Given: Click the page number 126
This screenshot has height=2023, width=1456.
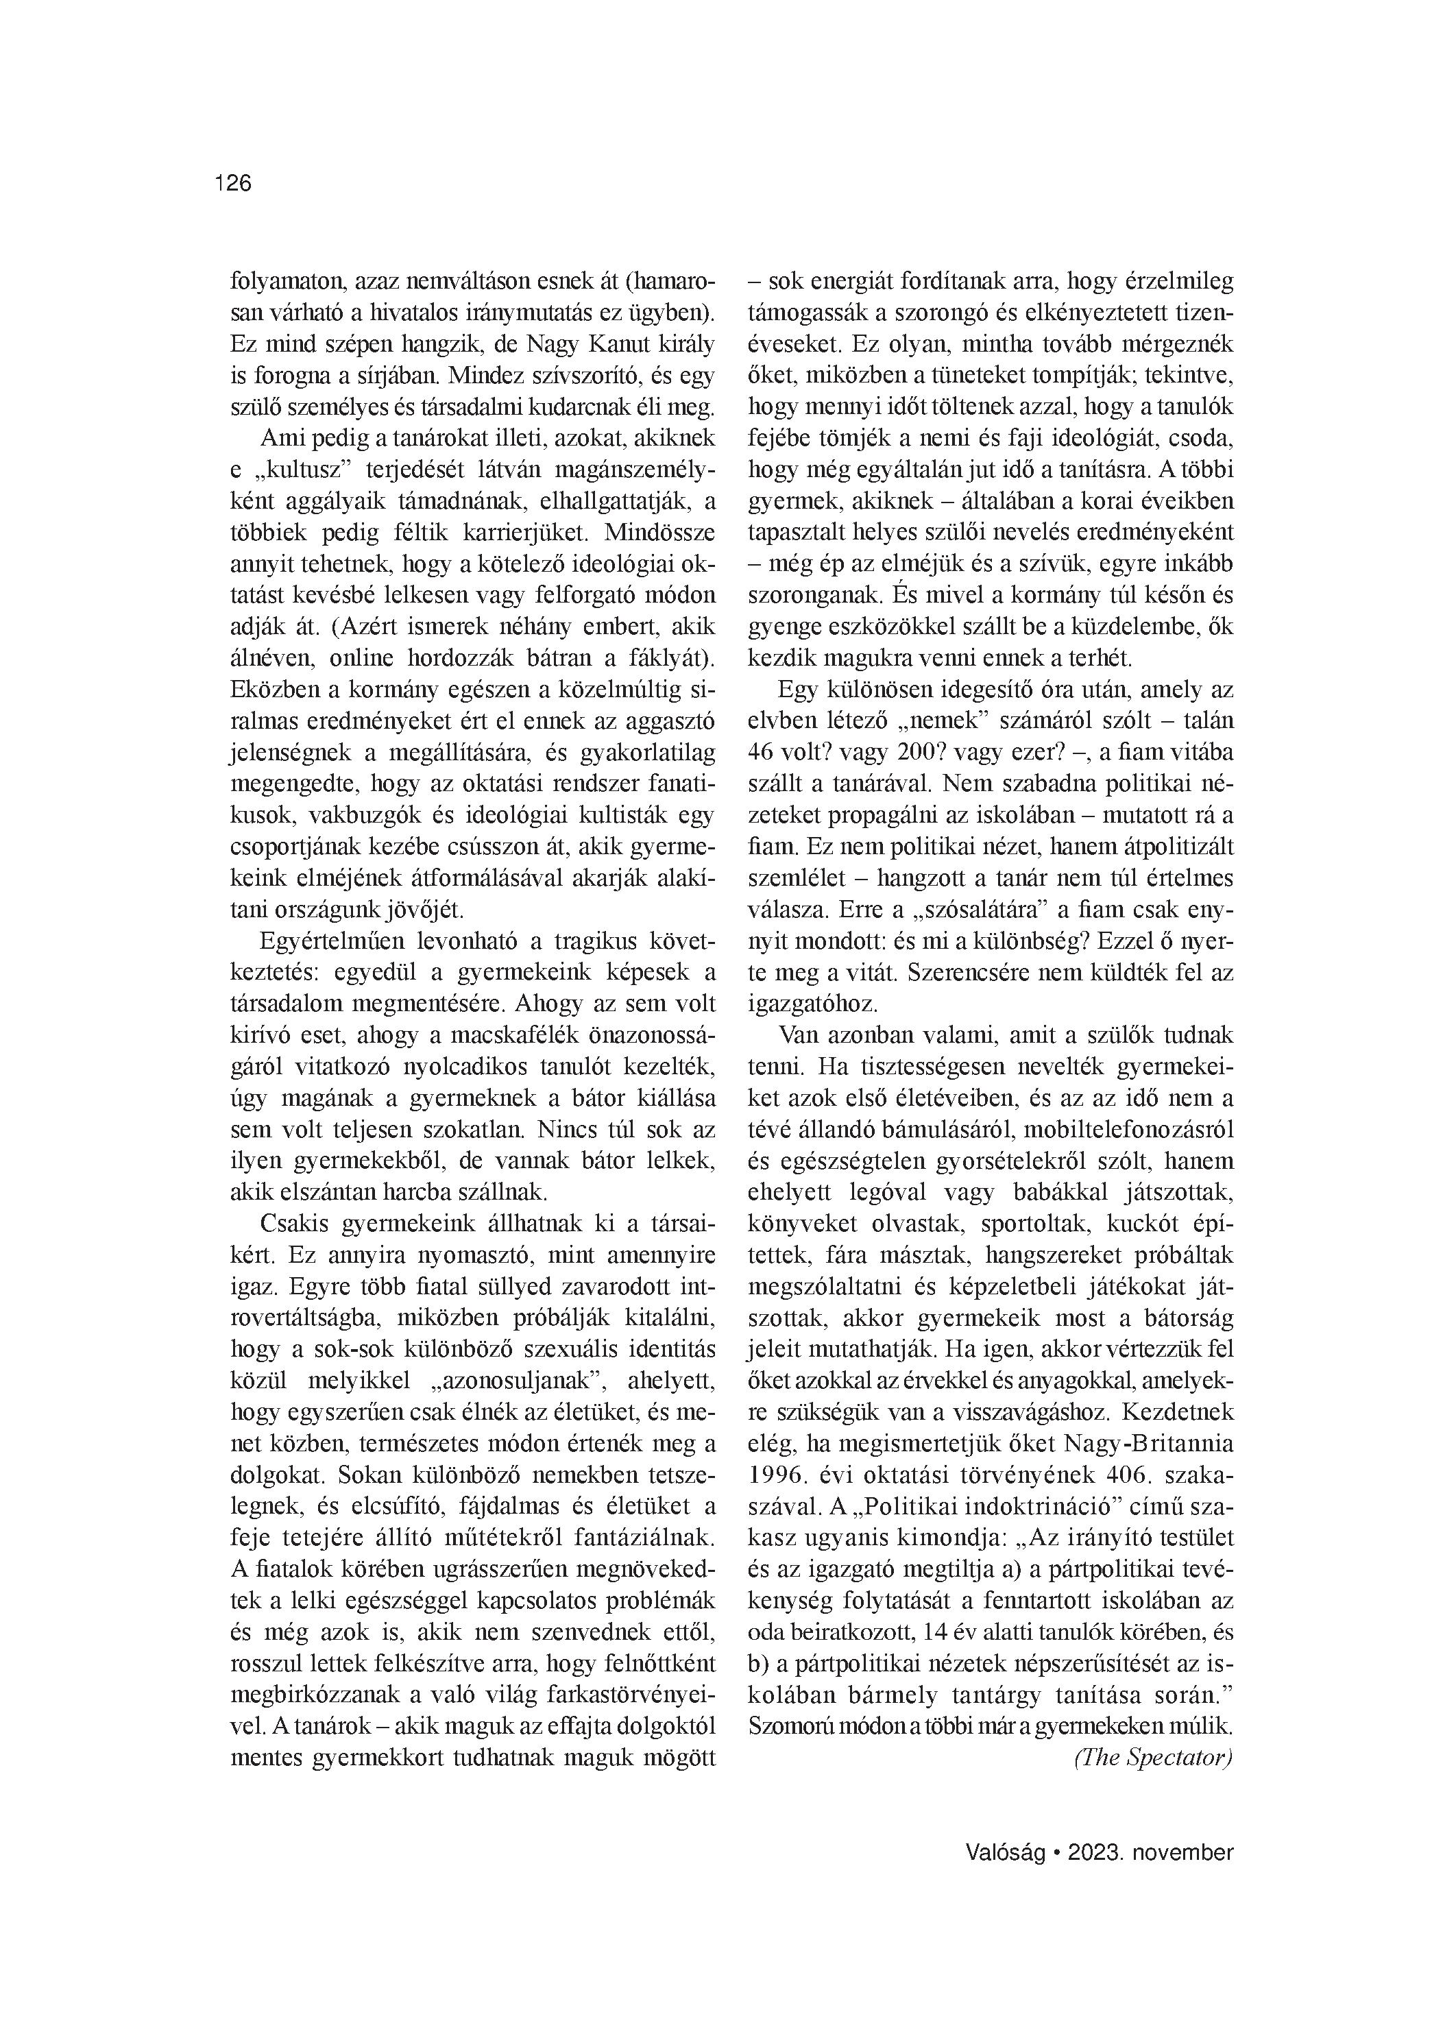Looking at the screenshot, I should click(x=234, y=184).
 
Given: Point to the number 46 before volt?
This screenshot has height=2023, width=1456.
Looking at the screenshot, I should click(x=763, y=753).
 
